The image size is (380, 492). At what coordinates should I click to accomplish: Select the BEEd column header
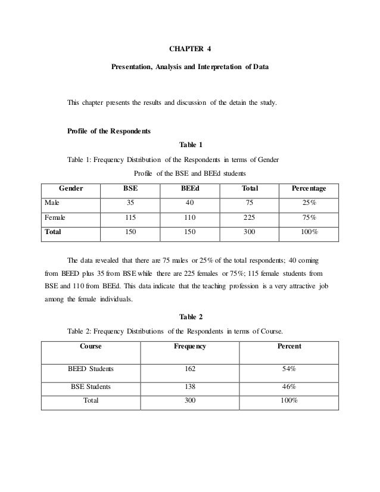point(190,189)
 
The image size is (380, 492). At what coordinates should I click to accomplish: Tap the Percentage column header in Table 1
point(309,189)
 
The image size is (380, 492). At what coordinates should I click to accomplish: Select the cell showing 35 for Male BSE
point(130,203)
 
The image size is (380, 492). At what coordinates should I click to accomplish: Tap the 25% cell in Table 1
point(309,203)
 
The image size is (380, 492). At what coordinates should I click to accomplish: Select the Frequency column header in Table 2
point(190,346)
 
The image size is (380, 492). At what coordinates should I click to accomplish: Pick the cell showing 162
point(190,369)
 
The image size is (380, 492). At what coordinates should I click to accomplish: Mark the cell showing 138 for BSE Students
point(190,386)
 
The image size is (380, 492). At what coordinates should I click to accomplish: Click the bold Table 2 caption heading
point(190,316)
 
